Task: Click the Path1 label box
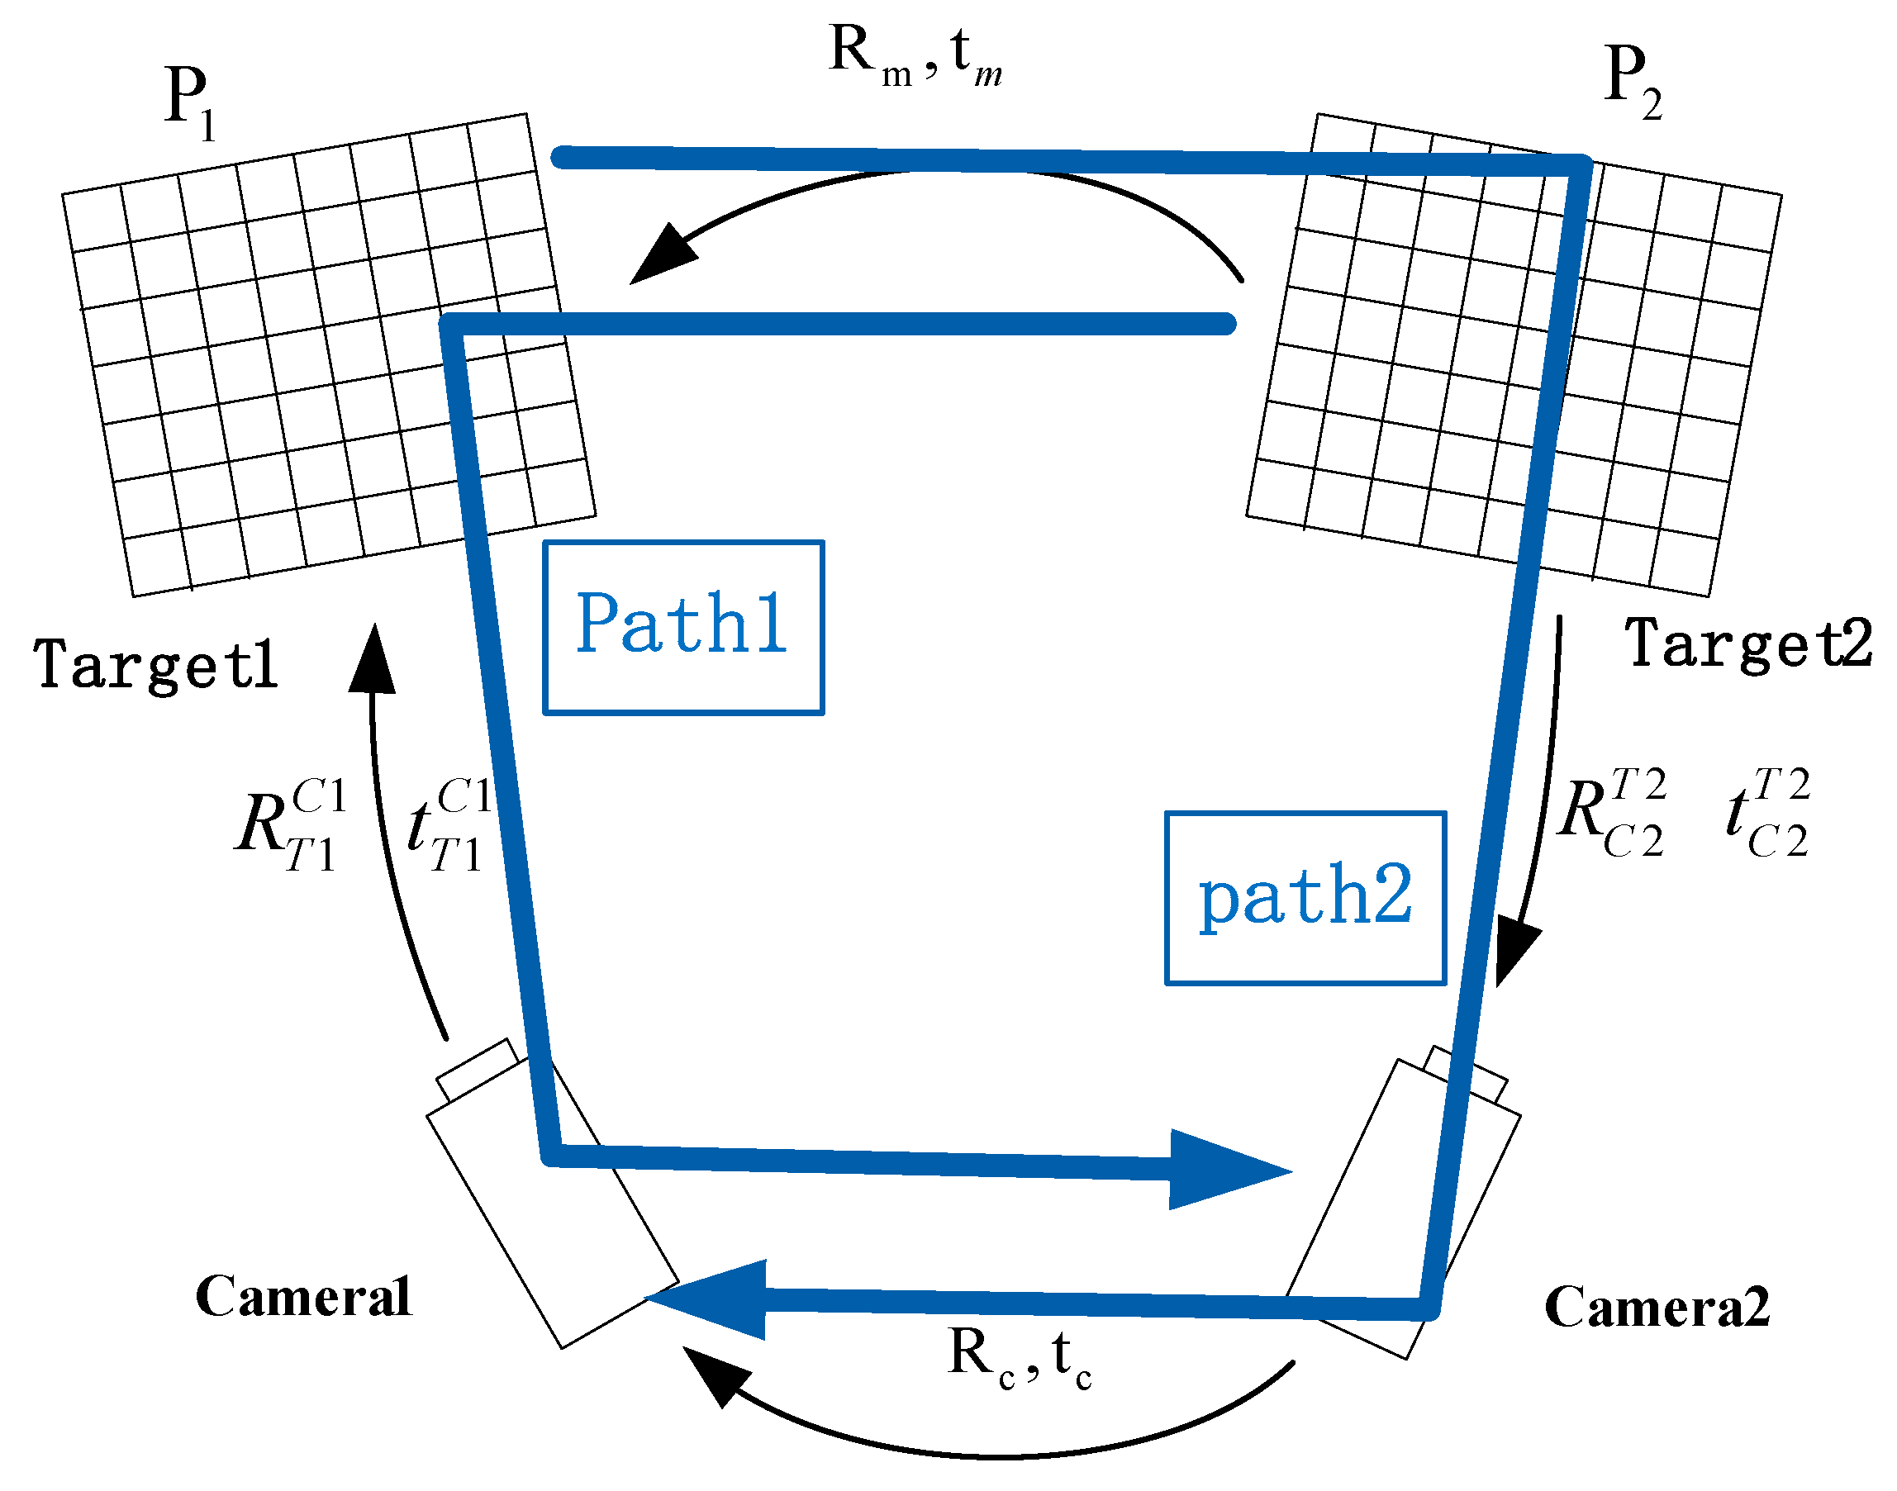click(x=682, y=627)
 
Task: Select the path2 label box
click(x=1305, y=898)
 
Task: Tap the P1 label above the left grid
click(x=188, y=102)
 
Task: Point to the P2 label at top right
click(x=1632, y=80)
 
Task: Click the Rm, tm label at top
click(x=914, y=57)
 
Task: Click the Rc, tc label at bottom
click(x=1019, y=1357)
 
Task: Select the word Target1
click(x=155, y=665)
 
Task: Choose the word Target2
click(x=1747, y=644)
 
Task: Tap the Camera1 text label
click(x=302, y=1296)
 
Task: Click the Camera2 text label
click(x=1657, y=1307)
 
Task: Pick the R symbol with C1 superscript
click(x=291, y=825)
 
